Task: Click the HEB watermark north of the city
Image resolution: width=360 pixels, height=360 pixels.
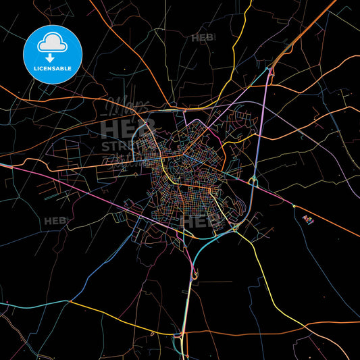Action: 203,38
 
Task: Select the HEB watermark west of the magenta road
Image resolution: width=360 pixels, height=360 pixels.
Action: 55,221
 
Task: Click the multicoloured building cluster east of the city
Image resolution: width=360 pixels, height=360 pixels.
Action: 308,218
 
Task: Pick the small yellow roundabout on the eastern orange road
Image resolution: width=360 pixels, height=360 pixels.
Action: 294,205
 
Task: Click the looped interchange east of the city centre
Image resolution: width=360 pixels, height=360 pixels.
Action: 253,181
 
